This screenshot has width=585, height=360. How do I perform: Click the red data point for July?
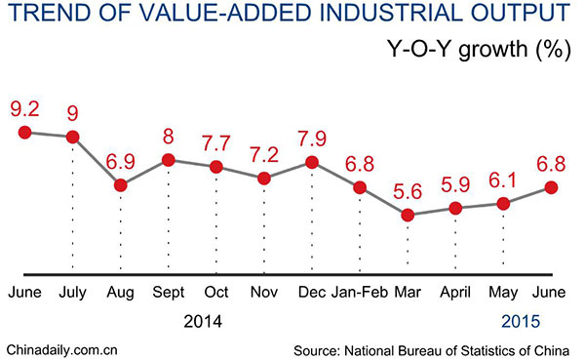(72, 137)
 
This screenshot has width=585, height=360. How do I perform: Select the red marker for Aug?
(121, 184)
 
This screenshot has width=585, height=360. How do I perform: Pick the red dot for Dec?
(312, 162)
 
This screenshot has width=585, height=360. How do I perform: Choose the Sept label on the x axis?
(169, 291)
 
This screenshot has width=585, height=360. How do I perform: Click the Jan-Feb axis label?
(360, 291)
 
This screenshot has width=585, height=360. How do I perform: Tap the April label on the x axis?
(455, 291)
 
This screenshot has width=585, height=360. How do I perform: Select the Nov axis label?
(263, 291)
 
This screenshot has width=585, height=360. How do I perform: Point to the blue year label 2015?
(519, 320)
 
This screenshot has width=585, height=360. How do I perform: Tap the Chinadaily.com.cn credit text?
(62, 348)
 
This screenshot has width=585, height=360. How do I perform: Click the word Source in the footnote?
(317, 348)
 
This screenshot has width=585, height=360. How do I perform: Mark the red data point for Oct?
(216, 167)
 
